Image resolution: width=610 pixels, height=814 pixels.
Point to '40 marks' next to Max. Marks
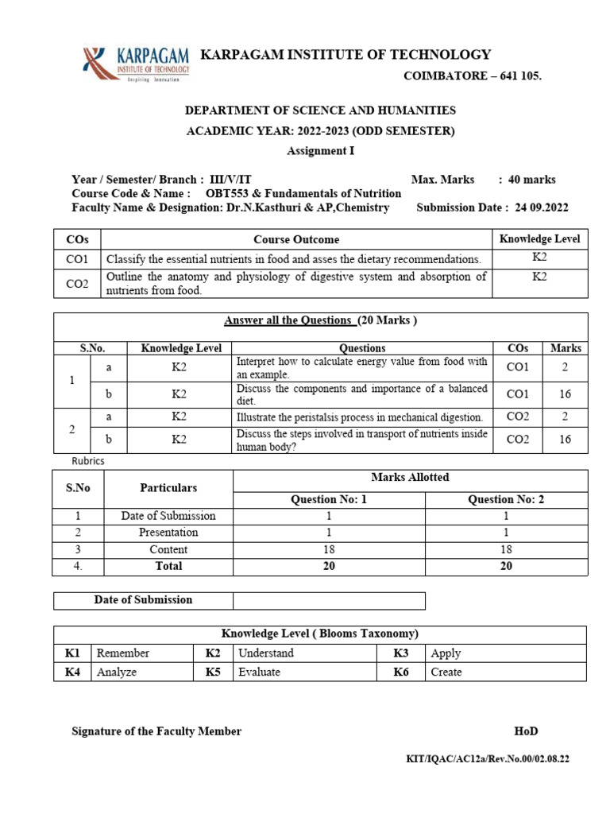532,179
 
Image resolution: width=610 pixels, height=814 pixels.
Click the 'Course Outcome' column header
296,239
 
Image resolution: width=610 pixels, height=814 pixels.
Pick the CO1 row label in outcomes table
77,259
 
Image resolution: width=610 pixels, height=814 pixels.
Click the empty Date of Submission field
329,600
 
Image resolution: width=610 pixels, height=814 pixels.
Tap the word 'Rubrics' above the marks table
88,461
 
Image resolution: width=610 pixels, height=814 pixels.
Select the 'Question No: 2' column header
506,499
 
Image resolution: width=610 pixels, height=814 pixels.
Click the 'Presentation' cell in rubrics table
168,533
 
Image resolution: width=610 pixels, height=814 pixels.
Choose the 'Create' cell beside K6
446,672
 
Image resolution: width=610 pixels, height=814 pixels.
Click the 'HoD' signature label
526,731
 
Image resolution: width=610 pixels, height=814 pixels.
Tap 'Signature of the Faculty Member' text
156,731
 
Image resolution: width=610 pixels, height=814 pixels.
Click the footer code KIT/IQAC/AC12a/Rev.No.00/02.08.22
488,759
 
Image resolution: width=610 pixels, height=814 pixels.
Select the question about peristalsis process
360,417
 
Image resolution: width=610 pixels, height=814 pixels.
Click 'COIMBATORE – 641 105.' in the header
473,76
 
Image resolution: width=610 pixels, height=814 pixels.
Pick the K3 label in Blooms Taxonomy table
400,653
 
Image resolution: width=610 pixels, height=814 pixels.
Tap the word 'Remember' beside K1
122,653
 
